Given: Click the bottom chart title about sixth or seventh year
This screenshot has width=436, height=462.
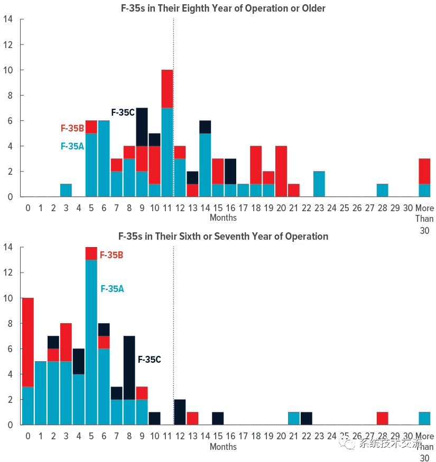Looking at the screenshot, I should click(x=223, y=236).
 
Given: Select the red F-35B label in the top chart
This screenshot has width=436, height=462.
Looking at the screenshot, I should click(x=72, y=128).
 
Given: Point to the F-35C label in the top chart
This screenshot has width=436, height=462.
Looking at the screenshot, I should click(x=123, y=112).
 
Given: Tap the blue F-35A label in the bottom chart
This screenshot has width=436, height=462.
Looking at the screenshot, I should click(x=112, y=289).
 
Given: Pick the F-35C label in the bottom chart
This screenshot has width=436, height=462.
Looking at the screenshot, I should click(x=150, y=360).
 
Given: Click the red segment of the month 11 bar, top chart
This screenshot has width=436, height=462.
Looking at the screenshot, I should click(x=167, y=89).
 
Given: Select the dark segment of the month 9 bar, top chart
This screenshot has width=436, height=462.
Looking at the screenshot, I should click(x=142, y=127).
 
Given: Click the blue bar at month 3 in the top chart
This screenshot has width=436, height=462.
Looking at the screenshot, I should click(x=66, y=190).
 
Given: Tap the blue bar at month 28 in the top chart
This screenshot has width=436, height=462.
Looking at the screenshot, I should click(x=382, y=190).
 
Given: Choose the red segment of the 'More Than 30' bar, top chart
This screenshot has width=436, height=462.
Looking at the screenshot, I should click(x=424, y=171).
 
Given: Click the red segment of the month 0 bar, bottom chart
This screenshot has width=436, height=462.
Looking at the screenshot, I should click(x=27, y=342).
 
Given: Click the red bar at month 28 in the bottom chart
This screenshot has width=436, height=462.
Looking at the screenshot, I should click(x=382, y=418).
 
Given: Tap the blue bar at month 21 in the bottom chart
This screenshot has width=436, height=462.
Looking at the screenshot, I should click(x=294, y=418).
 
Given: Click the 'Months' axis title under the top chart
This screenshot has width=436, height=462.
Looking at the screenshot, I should click(x=223, y=218).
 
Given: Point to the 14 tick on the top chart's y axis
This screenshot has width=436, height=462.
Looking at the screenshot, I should click(x=8, y=20).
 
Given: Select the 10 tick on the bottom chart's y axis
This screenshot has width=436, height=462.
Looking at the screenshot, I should click(x=8, y=298).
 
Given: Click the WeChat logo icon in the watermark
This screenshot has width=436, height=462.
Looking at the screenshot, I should click(x=348, y=444).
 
